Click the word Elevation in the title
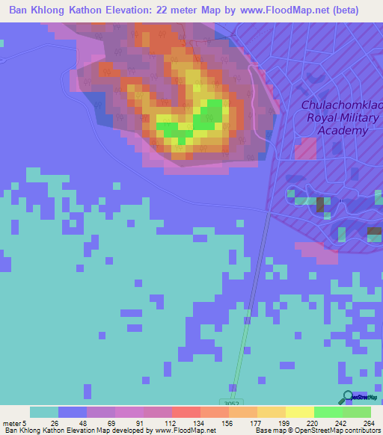123,10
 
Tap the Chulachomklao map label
341,105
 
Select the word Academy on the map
342,129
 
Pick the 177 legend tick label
255,422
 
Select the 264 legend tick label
370,422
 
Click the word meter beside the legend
12,422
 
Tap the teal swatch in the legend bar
43,412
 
